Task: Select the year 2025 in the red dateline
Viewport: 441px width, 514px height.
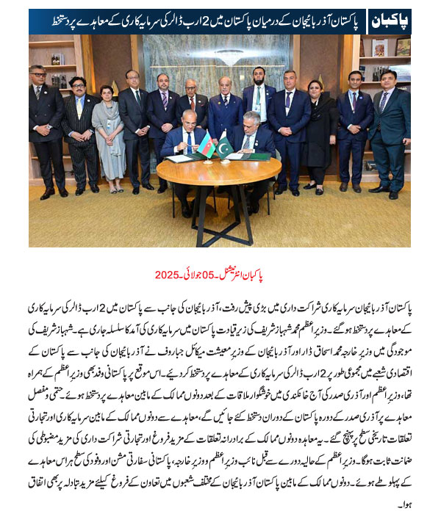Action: click(167, 275)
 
